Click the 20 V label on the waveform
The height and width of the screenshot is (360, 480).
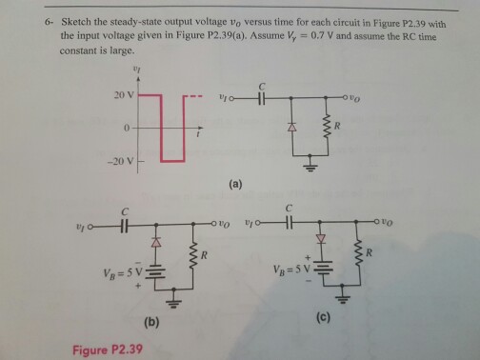click(123, 96)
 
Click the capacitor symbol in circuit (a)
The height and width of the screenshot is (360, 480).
click(259, 96)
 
